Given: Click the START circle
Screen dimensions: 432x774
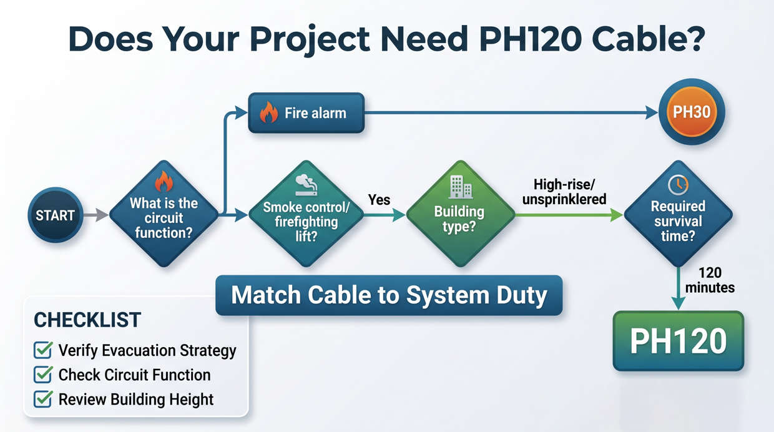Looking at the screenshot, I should (55, 215).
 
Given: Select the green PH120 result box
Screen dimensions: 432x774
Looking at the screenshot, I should (678, 341).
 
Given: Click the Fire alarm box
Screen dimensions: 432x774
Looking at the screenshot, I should (306, 113).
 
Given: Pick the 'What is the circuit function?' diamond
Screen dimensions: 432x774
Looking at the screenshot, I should (164, 215).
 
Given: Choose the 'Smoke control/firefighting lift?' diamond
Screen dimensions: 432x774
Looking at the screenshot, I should (306, 215).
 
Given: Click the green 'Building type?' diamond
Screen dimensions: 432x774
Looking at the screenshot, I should (460, 215).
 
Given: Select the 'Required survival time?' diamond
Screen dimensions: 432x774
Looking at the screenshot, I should (678, 215).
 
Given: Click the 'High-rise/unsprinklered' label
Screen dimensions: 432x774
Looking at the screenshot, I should (570, 192).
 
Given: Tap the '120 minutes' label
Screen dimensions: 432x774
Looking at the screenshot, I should (710, 281).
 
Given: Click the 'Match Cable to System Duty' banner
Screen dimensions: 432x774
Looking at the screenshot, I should (389, 295).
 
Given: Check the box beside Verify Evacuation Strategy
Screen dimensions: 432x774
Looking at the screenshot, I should (42, 350).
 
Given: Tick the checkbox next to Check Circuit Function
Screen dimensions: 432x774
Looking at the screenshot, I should (42, 375).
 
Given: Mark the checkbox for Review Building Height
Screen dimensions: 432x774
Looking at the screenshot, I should (42, 400).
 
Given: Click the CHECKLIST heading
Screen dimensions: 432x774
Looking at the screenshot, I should (87, 320).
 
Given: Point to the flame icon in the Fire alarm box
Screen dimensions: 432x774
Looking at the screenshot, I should (268, 113).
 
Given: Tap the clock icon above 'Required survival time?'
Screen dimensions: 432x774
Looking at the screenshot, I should (678, 184).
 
